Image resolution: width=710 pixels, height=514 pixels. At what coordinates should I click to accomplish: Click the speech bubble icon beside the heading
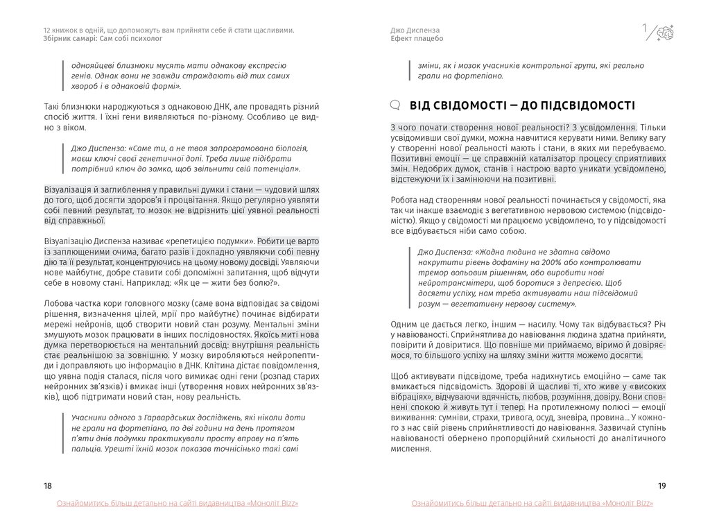point(396,105)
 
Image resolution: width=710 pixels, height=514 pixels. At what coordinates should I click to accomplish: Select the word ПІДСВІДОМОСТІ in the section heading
point(588,105)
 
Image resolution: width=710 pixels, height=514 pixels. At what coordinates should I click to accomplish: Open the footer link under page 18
point(178,503)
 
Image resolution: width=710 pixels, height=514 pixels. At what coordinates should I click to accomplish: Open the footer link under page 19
point(532,503)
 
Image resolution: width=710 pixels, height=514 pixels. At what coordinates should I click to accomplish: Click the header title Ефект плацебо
point(417,39)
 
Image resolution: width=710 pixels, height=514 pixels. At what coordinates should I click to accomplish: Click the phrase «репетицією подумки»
point(216,241)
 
